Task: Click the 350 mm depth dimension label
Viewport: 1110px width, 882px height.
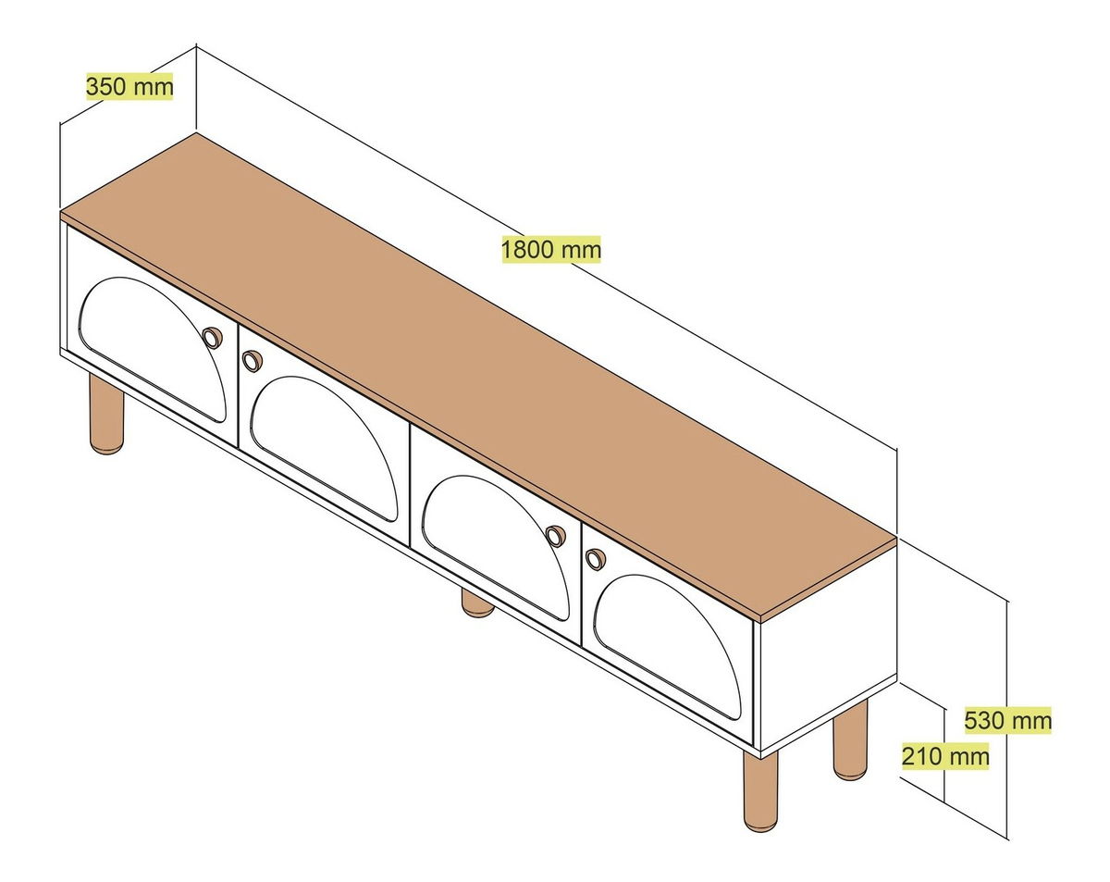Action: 129,87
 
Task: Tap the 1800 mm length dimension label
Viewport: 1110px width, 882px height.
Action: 551,250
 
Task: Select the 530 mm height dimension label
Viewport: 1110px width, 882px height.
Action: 1008,720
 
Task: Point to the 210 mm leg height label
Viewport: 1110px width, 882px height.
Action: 945,756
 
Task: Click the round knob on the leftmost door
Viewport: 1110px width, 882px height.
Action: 212,338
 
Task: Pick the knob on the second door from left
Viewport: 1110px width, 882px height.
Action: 253,361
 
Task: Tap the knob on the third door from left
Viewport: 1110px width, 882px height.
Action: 556,536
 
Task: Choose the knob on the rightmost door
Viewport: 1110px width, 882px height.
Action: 596,559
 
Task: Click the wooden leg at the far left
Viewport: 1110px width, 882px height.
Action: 106,414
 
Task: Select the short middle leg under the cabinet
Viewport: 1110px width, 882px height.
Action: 477,603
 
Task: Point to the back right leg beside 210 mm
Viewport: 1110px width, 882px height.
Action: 850,739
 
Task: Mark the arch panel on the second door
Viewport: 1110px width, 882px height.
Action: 325,448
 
